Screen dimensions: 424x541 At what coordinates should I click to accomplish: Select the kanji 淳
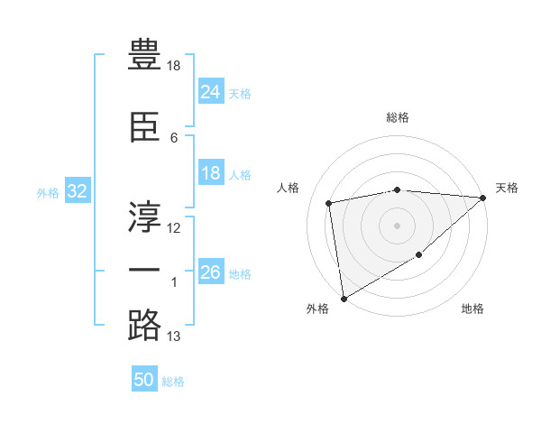pyautogui.click(x=144, y=213)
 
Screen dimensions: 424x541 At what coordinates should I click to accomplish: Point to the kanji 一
pyautogui.click(x=144, y=271)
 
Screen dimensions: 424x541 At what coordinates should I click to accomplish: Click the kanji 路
pyautogui.click(x=144, y=325)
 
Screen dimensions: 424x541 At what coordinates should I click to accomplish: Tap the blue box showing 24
pyautogui.click(x=211, y=92)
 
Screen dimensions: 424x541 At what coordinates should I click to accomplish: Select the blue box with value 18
pyautogui.click(x=211, y=173)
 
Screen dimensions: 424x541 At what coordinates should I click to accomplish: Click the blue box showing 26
pyautogui.click(x=211, y=272)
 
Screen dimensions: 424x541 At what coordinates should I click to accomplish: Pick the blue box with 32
pyautogui.click(x=77, y=191)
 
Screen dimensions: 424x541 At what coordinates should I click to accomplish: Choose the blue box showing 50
pyautogui.click(x=144, y=380)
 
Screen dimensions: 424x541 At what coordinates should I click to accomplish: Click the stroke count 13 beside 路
pyautogui.click(x=174, y=336)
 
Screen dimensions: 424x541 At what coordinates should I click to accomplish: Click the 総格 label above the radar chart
pyautogui.click(x=398, y=117)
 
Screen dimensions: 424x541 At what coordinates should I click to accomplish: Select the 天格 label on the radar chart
pyautogui.click(x=507, y=188)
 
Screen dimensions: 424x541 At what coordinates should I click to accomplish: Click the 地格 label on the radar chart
pyautogui.click(x=472, y=309)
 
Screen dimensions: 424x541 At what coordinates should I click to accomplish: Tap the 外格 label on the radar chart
pyautogui.click(x=317, y=309)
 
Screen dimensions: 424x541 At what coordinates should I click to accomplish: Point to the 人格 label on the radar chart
pyautogui.click(x=289, y=188)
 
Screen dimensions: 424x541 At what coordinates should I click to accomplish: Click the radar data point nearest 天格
pyautogui.click(x=483, y=198)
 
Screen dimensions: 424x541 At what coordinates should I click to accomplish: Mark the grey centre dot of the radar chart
pyautogui.click(x=398, y=225)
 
